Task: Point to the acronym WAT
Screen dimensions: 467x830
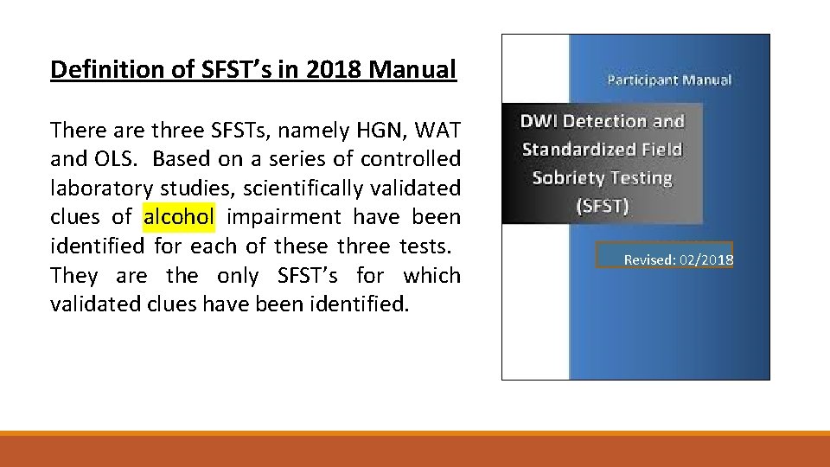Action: click(x=437, y=131)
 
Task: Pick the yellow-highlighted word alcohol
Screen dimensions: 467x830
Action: click(x=178, y=217)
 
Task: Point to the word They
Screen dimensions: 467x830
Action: click(x=74, y=275)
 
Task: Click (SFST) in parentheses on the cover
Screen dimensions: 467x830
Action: click(x=603, y=206)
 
